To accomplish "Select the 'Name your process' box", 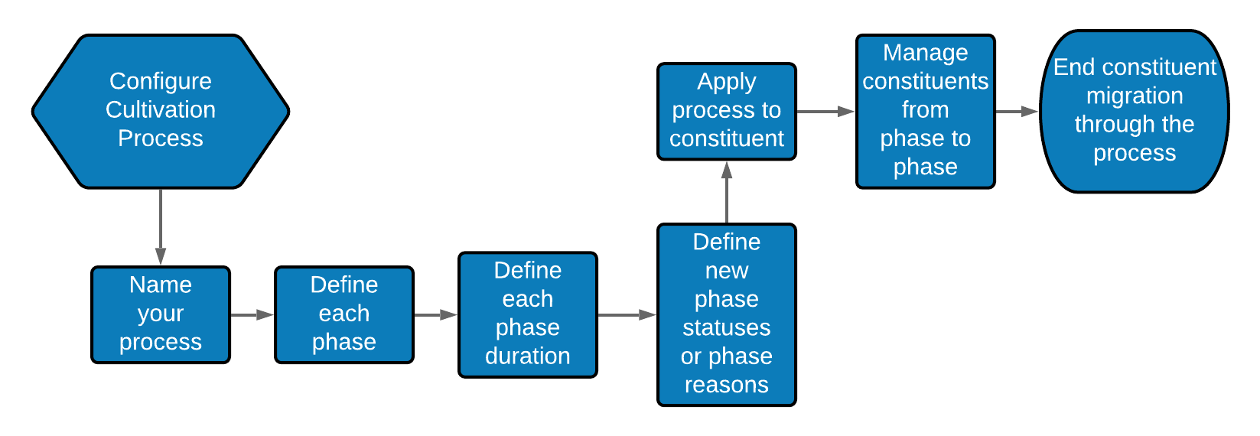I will tap(161, 314).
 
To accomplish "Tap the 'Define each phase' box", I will tap(344, 314).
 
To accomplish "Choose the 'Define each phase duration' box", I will tap(528, 314).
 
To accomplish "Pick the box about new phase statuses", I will tap(727, 314).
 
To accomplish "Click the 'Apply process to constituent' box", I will tap(727, 112).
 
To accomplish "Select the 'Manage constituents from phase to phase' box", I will tap(926, 112).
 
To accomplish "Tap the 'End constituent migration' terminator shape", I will tap(1135, 112).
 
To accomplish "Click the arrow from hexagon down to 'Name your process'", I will tap(161, 226).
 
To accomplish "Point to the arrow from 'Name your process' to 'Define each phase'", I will tap(252, 314).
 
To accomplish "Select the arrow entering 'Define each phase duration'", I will tap(435, 314).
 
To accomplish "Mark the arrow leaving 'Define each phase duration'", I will tap(627, 314).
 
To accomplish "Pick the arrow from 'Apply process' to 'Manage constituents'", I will tap(825, 112).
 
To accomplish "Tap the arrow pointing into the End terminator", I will tap(1017, 112).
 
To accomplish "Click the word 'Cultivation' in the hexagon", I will tap(161, 109).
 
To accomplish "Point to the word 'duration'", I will tap(528, 356).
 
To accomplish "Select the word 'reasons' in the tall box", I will tap(727, 385).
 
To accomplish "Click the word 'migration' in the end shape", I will tap(1135, 96).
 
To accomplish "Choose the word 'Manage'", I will tap(926, 53).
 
